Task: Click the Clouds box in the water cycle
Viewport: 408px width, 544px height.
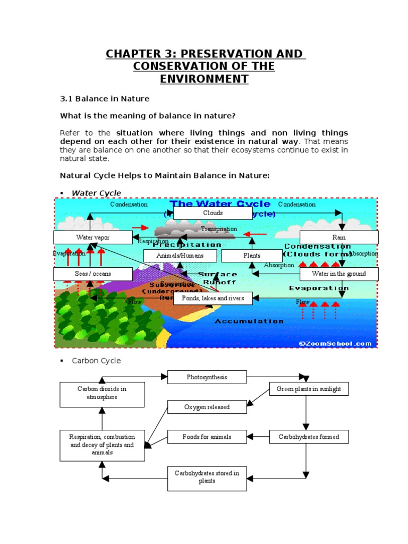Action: click(x=212, y=213)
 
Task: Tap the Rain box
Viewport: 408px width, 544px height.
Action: click(x=339, y=237)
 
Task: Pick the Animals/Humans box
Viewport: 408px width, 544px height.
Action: click(x=180, y=256)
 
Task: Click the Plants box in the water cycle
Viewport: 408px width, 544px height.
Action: click(x=252, y=256)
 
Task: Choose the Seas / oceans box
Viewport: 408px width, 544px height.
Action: click(x=93, y=274)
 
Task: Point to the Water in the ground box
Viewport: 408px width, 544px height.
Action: click(x=339, y=274)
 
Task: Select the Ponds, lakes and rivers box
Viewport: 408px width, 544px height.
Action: click(x=212, y=298)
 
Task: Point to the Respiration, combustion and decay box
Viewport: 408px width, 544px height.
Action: click(x=102, y=445)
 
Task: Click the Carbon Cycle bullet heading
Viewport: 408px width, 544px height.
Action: click(x=96, y=361)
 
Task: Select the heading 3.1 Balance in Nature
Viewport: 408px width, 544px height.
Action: click(x=105, y=99)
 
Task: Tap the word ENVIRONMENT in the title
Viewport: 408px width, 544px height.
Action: click(x=204, y=79)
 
